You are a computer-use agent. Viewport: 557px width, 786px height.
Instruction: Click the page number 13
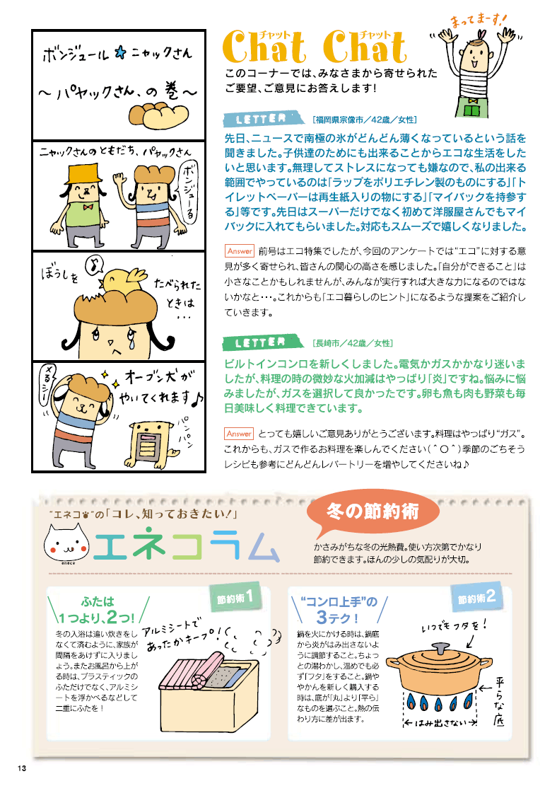coord(21,768)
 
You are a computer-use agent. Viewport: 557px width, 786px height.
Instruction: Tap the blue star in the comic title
coord(120,53)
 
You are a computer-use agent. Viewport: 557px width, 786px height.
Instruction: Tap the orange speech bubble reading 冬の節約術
coord(373,513)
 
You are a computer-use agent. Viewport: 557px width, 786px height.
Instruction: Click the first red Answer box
coord(240,250)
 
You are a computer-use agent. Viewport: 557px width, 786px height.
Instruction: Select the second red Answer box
coord(239,434)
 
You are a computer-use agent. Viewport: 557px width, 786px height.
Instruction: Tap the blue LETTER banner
coord(264,119)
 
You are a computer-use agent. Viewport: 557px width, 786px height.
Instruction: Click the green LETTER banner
coord(264,343)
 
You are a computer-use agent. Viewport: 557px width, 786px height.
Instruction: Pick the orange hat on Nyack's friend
coord(85,173)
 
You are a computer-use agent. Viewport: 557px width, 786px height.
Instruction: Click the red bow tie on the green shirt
coord(88,207)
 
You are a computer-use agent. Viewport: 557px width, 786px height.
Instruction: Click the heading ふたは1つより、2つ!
coord(97,610)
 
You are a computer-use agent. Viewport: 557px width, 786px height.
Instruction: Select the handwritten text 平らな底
coord(498,702)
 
